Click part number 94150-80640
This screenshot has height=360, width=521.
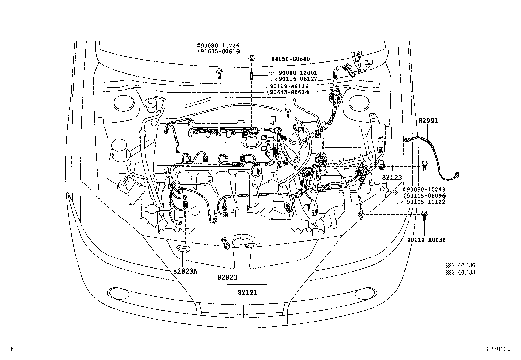click(x=290, y=59)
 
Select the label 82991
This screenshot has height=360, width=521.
click(x=428, y=121)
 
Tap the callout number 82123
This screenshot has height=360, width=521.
click(x=391, y=177)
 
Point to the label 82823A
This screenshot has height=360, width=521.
click(x=185, y=271)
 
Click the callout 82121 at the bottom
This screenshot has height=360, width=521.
click(x=247, y=292)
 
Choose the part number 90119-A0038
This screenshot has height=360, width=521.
click(x=426, y=240)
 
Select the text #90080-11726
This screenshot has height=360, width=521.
click(x=218, y=45)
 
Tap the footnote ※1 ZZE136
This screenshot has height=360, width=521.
click(x=459, y=265)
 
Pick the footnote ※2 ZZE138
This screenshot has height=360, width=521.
click(x=459, y=272)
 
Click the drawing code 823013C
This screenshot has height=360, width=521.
click(x=498, y=349)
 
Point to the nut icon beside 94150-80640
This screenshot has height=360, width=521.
click(x=252, y=58)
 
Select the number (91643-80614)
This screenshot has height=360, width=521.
click(x=288, y=92)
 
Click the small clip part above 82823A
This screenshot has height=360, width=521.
click(x=184, y=249)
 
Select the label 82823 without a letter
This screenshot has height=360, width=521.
click(x=227, y=277)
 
